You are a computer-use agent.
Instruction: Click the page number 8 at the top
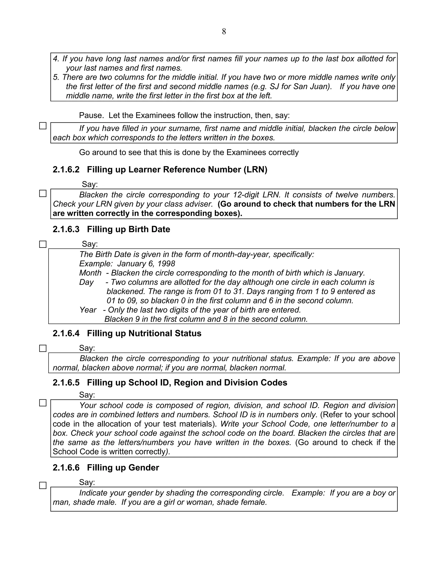(224, 31)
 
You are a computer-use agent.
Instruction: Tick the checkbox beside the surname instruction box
(43, 126)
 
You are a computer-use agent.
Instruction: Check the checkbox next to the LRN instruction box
(43, 194)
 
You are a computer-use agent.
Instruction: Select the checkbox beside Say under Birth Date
(43, 244)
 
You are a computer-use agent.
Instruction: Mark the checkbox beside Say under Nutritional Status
(43, 348)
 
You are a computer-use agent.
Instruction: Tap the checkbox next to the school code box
(43, 403)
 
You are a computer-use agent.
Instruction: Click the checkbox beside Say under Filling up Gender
(43, 485)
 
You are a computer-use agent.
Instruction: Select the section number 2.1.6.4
(66, 333)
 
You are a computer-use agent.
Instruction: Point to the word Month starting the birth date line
(90, 273)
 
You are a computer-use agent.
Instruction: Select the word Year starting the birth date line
(87, 310)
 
